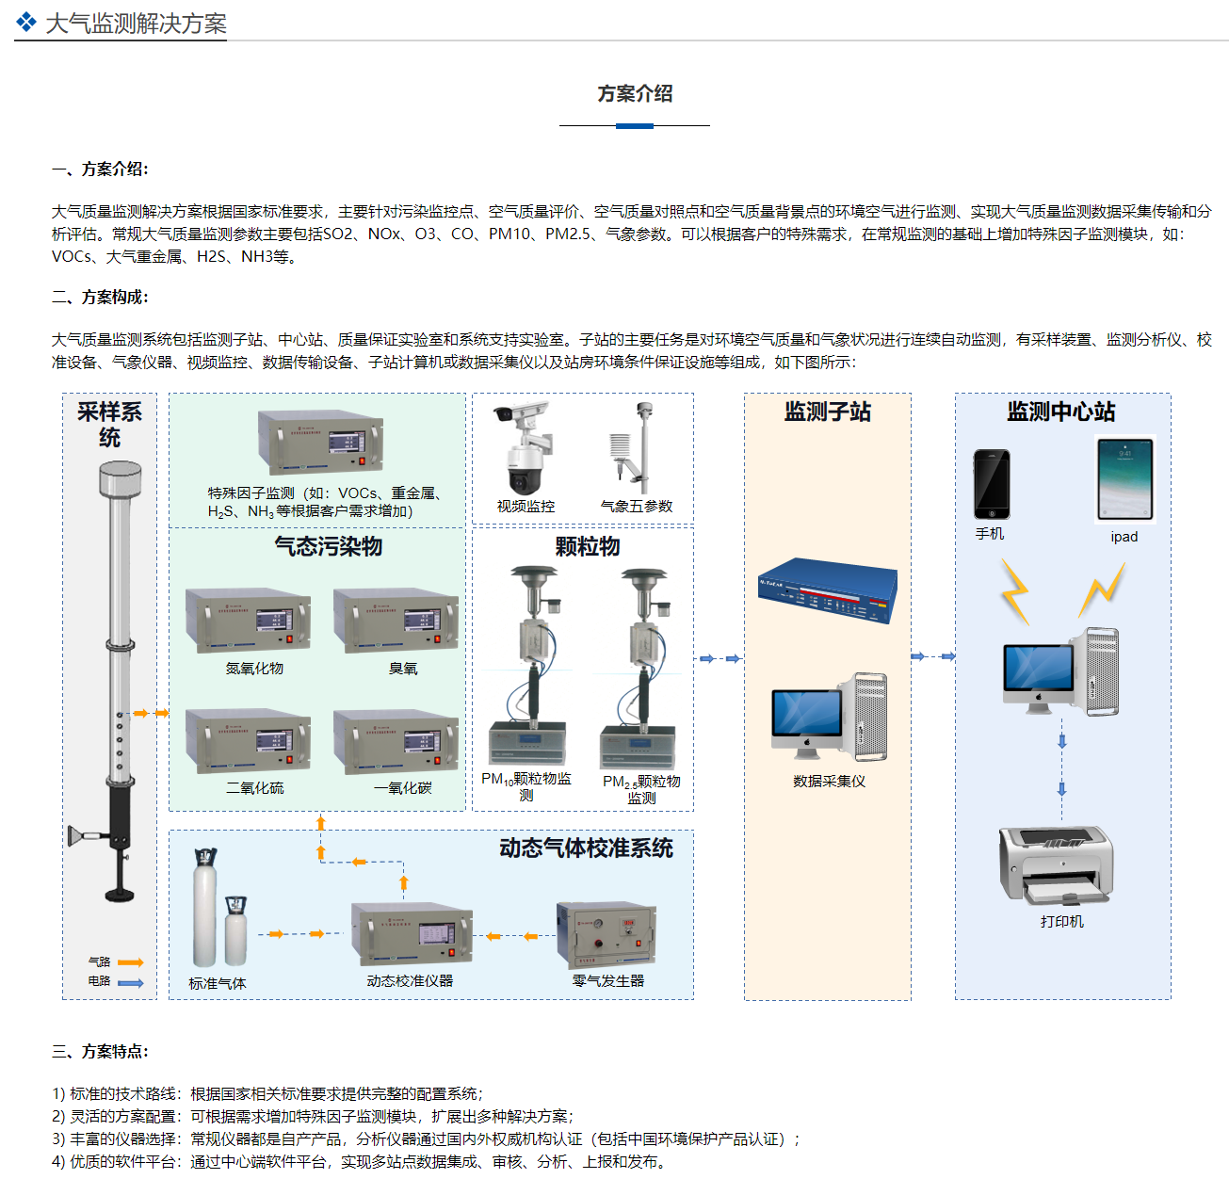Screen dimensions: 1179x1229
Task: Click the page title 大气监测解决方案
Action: coord(136,24)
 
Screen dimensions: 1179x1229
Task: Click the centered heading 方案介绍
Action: coord(635,93)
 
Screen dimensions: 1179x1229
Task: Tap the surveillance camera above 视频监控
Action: coord(526,447)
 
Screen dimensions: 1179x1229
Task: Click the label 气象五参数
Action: coord(637,507)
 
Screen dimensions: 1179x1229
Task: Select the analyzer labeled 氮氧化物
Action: coord(249,621)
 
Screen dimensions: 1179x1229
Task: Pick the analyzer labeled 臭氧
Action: coord(396,621)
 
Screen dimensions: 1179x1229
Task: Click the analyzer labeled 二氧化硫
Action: coord(249,741)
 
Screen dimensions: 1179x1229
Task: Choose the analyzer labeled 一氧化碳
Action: coord(396,741)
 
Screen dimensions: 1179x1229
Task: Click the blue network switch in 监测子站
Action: coord(828,590)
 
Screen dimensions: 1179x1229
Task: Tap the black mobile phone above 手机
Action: coord(991,484)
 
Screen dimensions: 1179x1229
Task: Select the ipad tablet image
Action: coord(1124,479)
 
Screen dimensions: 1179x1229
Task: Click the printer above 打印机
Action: coord(1057,864)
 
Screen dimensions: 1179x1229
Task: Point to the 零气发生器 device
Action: coord(606,934)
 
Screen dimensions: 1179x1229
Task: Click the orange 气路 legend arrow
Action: coord(130,962)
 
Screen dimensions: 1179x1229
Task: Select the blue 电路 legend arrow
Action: coord(130,983)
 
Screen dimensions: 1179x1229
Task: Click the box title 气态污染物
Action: coord(328,546)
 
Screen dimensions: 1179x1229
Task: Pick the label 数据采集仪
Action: coord(829,782)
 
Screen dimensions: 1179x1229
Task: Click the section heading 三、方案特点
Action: coord(100,1051)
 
